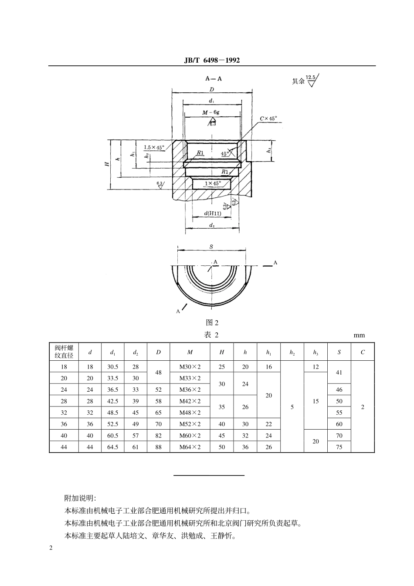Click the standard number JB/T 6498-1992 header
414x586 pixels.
(x=212, y=61)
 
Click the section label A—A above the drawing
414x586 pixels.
(x=213, y=78)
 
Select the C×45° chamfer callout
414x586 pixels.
(x=268, y=119)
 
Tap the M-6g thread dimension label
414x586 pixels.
(x=211, y=112)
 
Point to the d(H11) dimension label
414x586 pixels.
(x=212, y=213)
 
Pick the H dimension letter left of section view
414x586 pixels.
(x=106, y=164)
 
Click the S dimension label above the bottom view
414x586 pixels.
(x=211, y=246)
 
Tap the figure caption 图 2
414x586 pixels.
(x=212, y=322)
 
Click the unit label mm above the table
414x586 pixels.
(x=359, y=335)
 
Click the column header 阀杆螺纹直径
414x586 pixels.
(x=64, y=352)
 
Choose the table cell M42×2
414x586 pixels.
(x=190, y=401)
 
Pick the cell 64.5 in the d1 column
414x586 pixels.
(x=112, y=447)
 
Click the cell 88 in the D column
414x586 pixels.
(x=158, y=447)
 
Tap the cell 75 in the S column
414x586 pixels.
(x=339, y=447)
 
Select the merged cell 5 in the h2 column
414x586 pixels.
(x=292, y=407)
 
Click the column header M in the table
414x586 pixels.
(x=190, y=352)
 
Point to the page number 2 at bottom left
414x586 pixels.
(x=51, y=548)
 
